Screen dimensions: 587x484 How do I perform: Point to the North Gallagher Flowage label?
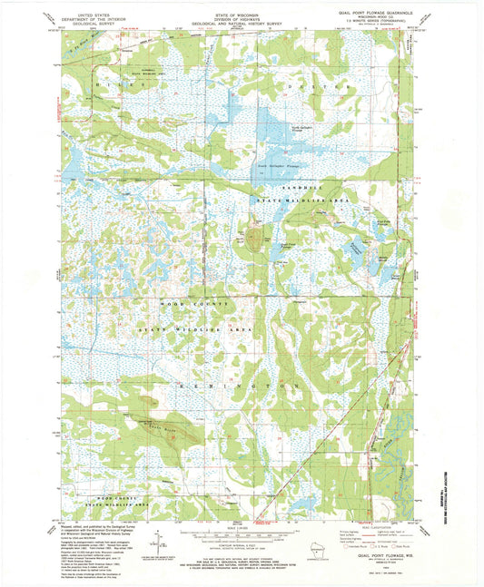pos(301,128)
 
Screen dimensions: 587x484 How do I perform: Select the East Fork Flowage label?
pos(383,220)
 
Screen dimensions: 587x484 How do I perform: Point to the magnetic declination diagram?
pos(160,542)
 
